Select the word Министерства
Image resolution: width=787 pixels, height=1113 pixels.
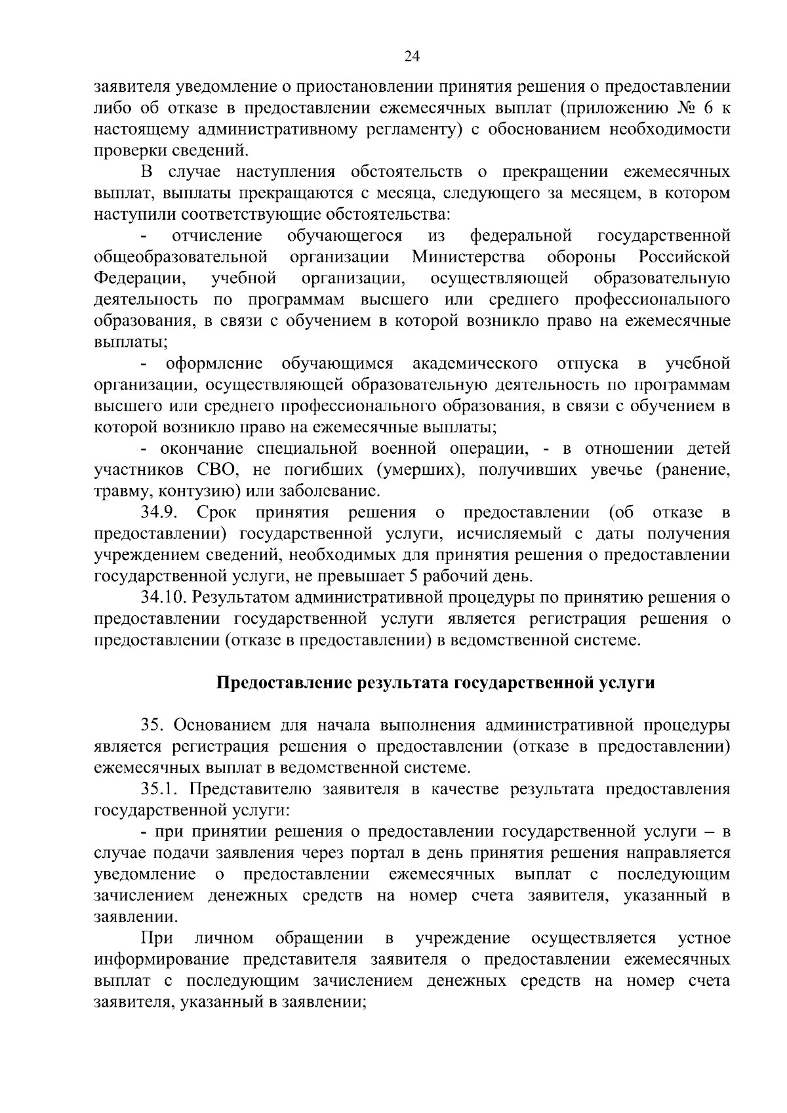pos(469,256)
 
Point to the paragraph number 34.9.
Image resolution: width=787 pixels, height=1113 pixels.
pos(157,512)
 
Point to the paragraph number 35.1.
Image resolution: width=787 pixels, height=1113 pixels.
pos(160,789)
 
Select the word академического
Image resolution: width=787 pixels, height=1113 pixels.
pos(475,363)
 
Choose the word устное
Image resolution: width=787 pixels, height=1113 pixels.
pos(704,939)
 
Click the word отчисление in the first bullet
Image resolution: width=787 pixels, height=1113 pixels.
pos(217,235)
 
